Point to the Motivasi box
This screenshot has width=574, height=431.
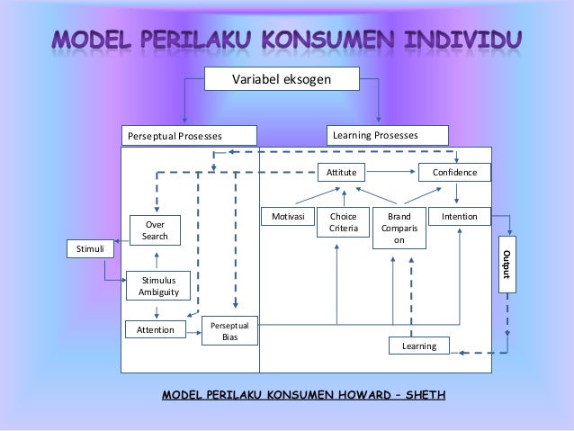coord(287,217)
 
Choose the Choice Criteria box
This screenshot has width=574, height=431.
coord(344,223)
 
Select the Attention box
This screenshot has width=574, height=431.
coord(155,330)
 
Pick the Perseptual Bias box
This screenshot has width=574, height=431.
coord(231,330)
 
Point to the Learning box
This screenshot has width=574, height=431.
coord(418,346)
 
